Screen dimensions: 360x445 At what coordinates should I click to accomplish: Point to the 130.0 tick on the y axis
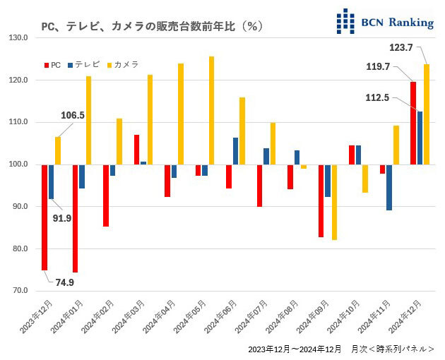pyautogui.click(x=18, y=38)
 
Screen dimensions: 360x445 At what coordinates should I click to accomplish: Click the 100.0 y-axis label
pyautogui.click(x=18, y=164)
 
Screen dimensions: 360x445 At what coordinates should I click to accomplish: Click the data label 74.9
pyautogui.click(x=64, y=282)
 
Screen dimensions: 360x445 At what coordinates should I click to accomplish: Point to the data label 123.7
pyautogui.click(x=401, y=47)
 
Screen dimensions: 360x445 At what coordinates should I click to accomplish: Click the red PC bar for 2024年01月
pyautogui.click(x=75, y=218)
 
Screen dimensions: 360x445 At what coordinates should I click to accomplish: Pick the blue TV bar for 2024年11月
pyautogui.click(x=388, y=187)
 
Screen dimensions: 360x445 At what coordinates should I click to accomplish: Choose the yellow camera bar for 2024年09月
pyautogui.click(x=334, y=202)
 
